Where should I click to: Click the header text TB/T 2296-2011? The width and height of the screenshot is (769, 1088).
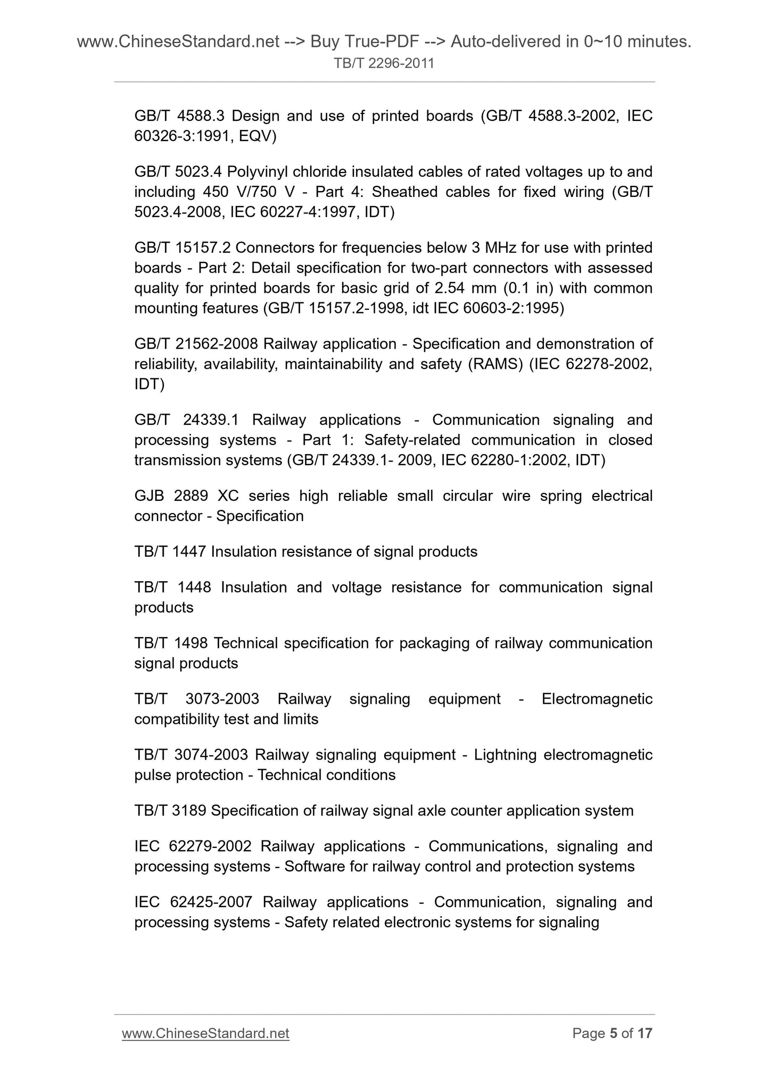(x=384, y=63)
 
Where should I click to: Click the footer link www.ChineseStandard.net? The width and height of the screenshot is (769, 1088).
(x=205, y=1033)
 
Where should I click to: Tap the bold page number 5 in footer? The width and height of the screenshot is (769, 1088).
(x=613, y=1033)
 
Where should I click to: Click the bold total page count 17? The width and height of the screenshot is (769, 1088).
(x=644, y=1033)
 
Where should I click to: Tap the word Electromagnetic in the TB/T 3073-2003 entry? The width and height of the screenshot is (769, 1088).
(x=597, y=698)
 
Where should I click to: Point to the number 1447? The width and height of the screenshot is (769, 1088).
(x=189, y=551)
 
